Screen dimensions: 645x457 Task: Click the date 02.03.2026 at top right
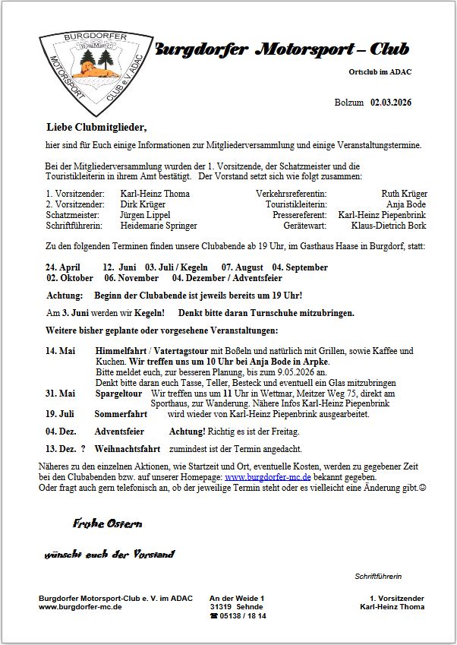point(391,103)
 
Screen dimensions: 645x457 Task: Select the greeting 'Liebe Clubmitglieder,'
point(96,127)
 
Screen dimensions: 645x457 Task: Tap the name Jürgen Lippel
point(145,215)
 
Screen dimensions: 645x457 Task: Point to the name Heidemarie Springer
point(159,226)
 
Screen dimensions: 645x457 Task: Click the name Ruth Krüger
point(404,194)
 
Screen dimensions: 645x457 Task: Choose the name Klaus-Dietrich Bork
point(389,226)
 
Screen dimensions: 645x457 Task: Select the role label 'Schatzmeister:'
point(74,215)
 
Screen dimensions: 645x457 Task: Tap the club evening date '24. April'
point(63,267)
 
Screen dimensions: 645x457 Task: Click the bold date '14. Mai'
point(61,351)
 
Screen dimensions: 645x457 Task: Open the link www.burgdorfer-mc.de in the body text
point(268,476)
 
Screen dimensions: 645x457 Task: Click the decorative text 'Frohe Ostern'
point(107,523)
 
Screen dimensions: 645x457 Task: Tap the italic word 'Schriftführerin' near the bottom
point(378,577)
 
